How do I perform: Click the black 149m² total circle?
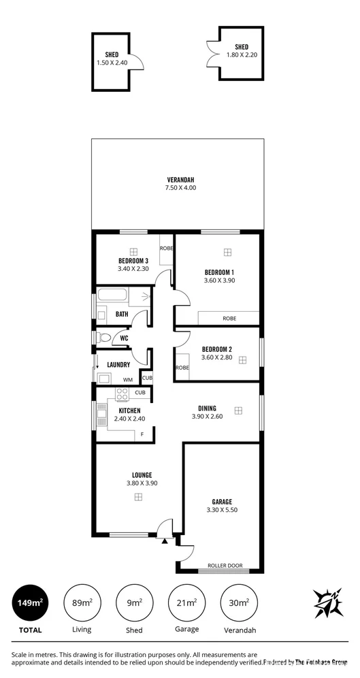click(31, 603)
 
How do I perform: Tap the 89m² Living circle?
click(82, 603)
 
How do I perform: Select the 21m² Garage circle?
click(188, 603)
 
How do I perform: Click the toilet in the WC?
click(104, 337)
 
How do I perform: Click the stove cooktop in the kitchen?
click(122, 394)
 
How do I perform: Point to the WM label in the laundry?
click(127, 379)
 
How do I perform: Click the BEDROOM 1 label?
click(219, 272)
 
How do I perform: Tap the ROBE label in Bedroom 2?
click(182, 368)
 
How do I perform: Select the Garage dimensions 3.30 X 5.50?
click(222, 509)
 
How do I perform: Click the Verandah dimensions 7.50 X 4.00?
click(180, 187)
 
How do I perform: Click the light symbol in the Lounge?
click(138, 497)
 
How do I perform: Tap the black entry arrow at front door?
click(165, 540)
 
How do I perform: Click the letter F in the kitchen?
click(142, 434)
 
